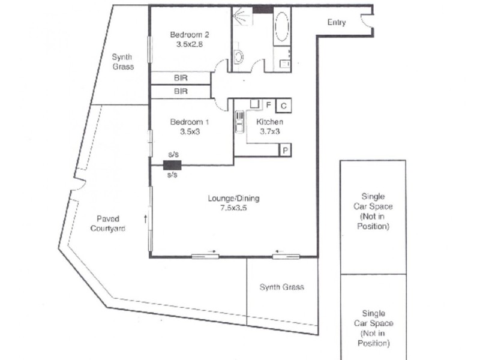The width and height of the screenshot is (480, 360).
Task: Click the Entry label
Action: [x=337, y=23]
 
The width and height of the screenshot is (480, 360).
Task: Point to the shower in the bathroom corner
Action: [x=242, y=22]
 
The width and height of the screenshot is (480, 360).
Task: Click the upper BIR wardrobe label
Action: [x=181, y=78]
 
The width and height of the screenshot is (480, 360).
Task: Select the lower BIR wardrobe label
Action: [x=181, y=92]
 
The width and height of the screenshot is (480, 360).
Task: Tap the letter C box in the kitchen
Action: [x=283, y=106]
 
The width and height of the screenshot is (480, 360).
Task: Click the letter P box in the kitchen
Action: [x=286, y=150]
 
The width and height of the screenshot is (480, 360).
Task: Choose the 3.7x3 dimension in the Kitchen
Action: [x=269, y=132]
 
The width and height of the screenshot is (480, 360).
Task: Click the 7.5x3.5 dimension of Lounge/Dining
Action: [x=233, y=208]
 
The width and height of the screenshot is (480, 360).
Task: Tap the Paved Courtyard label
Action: [x=108, y=223]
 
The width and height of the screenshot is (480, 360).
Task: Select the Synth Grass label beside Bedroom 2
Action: [x=122, y=62]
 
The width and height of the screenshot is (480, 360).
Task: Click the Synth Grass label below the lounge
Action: [x=281, y=287]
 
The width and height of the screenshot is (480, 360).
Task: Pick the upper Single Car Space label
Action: [x=373, y=211]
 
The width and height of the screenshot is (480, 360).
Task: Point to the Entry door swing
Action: [x=367, y=22]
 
